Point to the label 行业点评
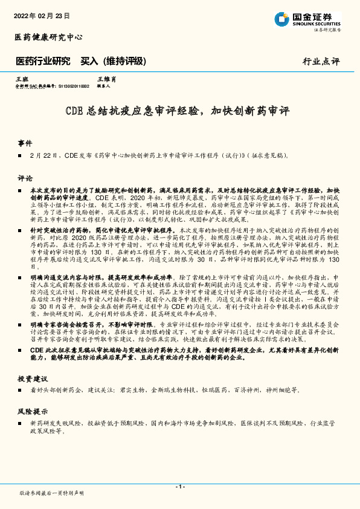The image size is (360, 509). pos(321,62)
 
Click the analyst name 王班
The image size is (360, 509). pos(22,79)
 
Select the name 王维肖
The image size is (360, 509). pos(106,79)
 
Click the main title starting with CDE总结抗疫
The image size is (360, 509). pos(178,111)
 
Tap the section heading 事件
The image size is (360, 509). pos(25,143)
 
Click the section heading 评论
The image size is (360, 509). pos(25,178)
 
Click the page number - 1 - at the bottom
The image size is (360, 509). pos(179,486)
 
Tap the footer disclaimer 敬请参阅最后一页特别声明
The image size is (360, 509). pos(52,493)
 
